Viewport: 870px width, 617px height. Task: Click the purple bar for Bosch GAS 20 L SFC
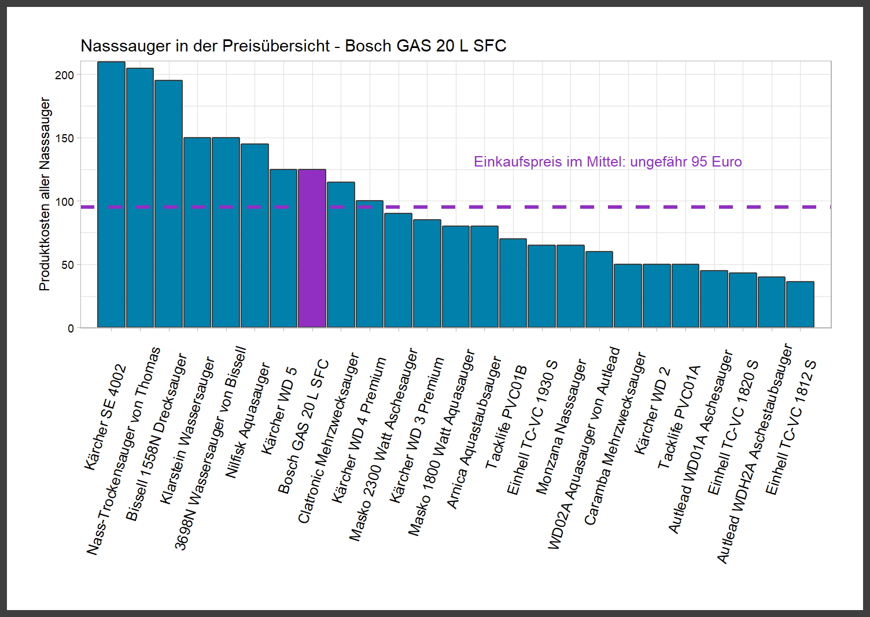pyautogui.click(x=312, y=248)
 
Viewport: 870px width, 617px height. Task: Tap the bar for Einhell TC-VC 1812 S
pyautogui.click(x=800, y=304)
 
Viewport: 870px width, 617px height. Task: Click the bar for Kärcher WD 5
pyautogui.click(x=283, y=248)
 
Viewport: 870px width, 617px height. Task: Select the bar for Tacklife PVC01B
pyautogui.click(x=513, y=283)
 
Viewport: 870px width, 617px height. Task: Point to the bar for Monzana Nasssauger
pyautogui.click(x=570, y=286)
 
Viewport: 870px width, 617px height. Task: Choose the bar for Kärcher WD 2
pyautogui.click(x=657, y=295)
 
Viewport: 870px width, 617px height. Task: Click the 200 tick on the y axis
pyautogui.click(x=65, y=75)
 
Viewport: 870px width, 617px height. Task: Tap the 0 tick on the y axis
pyautogui.click(x=71, y=328)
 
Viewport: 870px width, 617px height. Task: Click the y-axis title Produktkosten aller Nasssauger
pyautogui.click(x=45, y=194)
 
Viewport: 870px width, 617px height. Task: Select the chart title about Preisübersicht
pyautogui.click(x=293, y=46)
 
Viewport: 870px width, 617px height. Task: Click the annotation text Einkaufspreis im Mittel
pyautogui.click(x=607, y=162)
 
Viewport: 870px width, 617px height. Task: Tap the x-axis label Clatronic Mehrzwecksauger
pyautogui.click(x=329, y=438)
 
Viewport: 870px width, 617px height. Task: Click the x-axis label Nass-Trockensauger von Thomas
pyautogui.click(x=123, y=452)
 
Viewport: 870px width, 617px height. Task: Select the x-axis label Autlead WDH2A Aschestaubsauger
pyautogui.click(x=754, y=453)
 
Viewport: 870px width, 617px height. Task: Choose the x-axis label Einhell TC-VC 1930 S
pyautogui.click(x=532, y=428)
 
